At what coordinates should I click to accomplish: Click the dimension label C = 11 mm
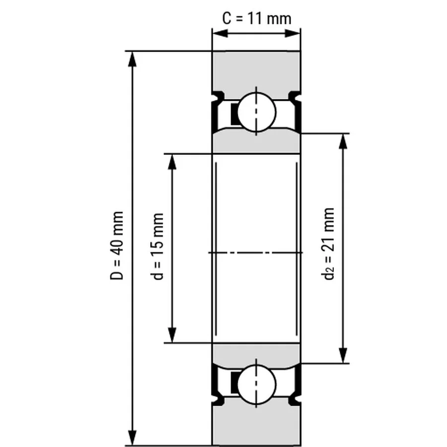(x=256, y=18)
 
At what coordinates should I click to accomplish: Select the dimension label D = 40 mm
(x=117, y=245)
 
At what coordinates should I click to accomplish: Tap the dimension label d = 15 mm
(x=158, y=246)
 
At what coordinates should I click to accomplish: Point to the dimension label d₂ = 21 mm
(x=329, y=243)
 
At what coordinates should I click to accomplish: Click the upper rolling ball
(x=256, y=110)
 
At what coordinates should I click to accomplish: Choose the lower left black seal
(x=216, y=382)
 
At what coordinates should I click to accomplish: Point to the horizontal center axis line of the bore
(x=256, y=253)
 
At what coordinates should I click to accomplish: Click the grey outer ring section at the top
(x=256, y=70)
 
